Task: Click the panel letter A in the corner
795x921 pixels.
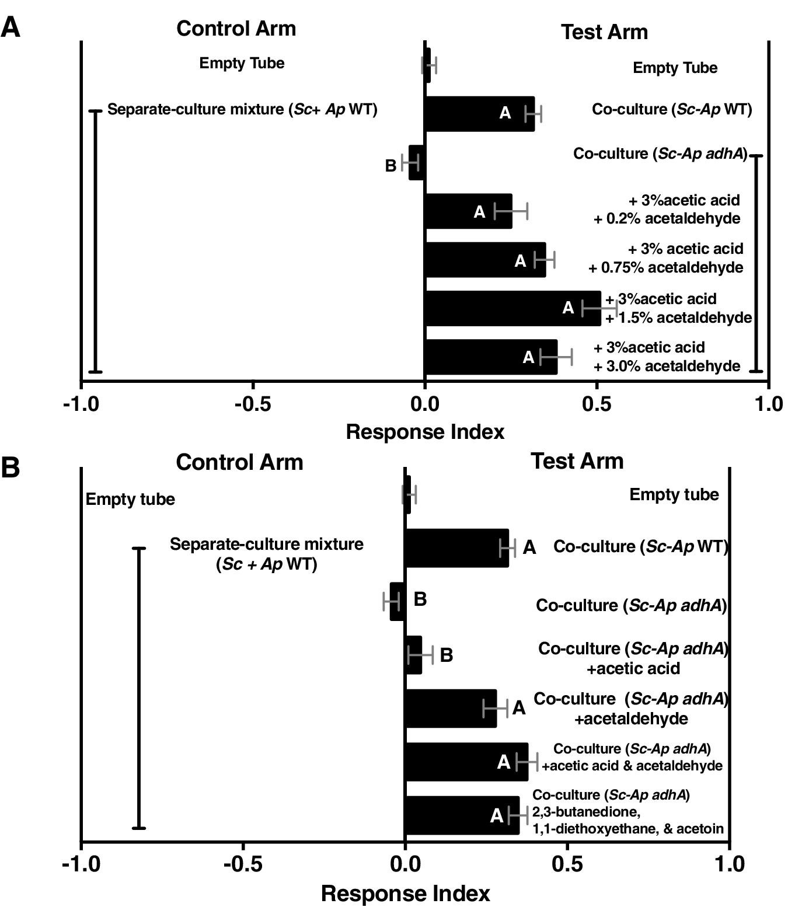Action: (x=11, y=27)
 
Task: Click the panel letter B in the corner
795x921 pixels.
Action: (x=11, y=468)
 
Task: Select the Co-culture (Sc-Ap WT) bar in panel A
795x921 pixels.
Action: (x=479, y=114)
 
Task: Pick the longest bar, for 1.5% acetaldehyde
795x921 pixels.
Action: (x=512, y=308)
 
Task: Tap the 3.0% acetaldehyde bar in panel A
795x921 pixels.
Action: (x=490, y=357)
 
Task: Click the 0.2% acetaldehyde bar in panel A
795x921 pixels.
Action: (x=468, y=211)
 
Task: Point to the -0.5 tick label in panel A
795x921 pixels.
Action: (x=252, y=404)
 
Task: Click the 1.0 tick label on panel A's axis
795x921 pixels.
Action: (x=768, y=404)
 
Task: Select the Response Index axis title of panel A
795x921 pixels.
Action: (x=425, y=432)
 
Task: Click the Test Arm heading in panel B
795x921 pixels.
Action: (x=577, y=461)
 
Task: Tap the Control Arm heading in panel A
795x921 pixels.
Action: (x=236, y=29)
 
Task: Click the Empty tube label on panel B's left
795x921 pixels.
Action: (x=130, y=500)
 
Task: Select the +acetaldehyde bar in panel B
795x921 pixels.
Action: (x=450, y=709)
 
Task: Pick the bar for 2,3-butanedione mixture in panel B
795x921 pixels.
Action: (x=461, y=815)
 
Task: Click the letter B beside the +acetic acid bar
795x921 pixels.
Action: (x=446, y=655)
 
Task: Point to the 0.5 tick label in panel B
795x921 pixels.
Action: (x=567, y=864)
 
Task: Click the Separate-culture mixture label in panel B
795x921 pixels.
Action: (x=266, y=554)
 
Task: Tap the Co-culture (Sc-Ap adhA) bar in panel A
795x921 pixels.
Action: (x=416, y=163)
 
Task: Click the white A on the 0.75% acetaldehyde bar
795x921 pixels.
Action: (x=520, y=261)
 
